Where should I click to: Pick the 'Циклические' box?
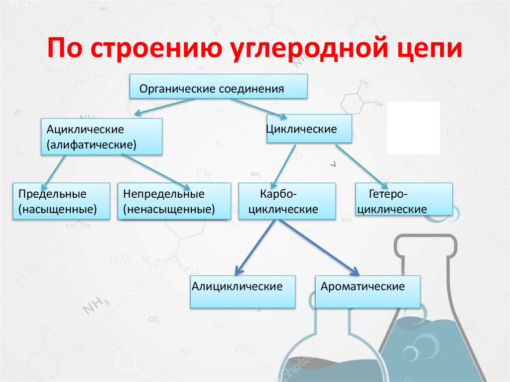click(x=309, y=129)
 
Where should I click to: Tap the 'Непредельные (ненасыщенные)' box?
click(x=174, y=201)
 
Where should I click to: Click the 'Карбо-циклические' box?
click(x=287, y=201)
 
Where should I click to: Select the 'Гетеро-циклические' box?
click(x=404, y=200)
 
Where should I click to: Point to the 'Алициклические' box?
click(x=243, y=291)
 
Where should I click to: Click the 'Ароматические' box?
click(x=368, y=291)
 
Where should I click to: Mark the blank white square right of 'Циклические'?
click(x=413, y=127)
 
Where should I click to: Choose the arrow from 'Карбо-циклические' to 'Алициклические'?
click(x=255, y=246)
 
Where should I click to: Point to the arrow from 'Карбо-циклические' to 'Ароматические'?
click(x=319, y=247)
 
